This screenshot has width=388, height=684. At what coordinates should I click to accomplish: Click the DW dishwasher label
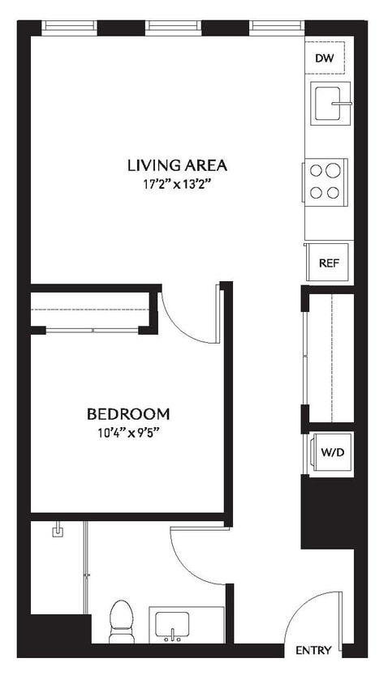(x=325, y=58)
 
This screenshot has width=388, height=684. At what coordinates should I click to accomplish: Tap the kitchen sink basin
(x=329, y=102)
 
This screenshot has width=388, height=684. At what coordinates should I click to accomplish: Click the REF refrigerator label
(x=328, y=263)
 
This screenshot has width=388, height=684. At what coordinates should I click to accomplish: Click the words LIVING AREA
(x=176, y=165)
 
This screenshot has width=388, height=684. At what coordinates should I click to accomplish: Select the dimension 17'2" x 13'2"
(x=176, y=185)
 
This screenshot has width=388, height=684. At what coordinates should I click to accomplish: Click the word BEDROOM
(x=128, y=413)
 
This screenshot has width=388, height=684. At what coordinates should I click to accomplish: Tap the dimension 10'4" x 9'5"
(x=128, y=432)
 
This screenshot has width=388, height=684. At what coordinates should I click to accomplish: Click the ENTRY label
(x=313, y=651)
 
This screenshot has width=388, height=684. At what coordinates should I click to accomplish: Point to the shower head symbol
(x=58, y=532)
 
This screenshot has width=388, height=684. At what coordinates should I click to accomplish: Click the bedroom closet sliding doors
(x=93, y=330)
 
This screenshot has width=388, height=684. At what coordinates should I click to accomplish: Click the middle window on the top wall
(x=173, y=27)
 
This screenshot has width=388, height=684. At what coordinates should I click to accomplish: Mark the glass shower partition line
(x=86, y=567)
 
